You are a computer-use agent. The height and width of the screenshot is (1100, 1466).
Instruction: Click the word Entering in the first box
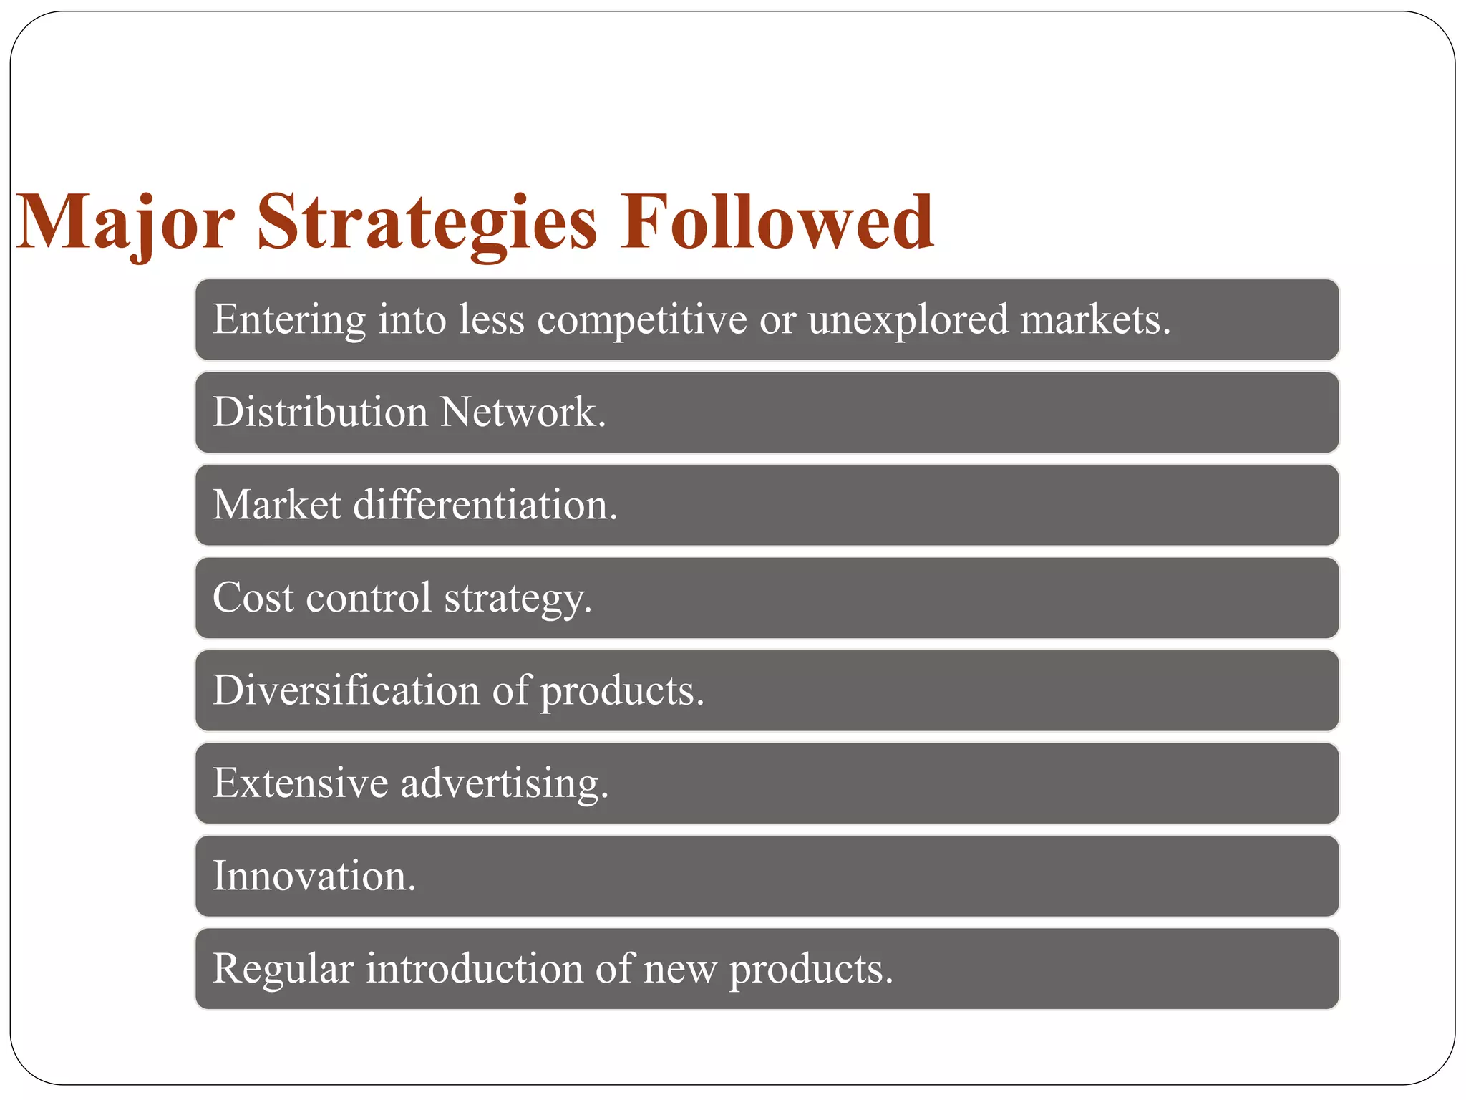[x=289, y=319]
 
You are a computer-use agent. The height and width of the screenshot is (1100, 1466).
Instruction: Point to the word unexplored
[x=908, y=319]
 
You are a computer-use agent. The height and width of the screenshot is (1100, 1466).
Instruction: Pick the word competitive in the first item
[x=642, y=319]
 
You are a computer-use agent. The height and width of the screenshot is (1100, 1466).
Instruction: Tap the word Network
[x=523, y=412]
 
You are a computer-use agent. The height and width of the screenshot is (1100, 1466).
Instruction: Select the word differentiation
[x=485, y=505]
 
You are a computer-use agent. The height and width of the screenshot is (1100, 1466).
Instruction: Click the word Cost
[x=253, y=597]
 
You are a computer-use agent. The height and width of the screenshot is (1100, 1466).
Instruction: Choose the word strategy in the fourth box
[x=518, y=599]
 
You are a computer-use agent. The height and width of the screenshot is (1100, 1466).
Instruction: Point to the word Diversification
[x=346, y=690]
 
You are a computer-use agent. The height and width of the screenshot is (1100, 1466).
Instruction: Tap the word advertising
[x=504, y=783]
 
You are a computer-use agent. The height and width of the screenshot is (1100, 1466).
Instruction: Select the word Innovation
[x=314, y=876]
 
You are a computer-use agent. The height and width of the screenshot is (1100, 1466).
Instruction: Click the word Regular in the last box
[x=283, y=969]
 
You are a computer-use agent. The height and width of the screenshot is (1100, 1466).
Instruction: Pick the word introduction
[x=475, y=969]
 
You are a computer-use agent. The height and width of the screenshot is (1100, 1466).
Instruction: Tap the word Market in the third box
[x=276, y=505]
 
